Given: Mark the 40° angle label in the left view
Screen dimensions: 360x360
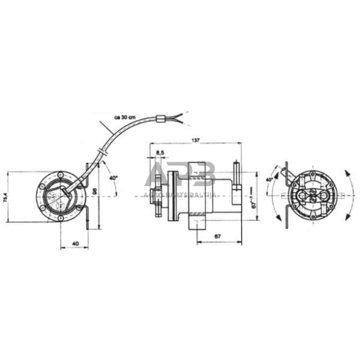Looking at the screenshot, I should [x=113, y=178].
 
